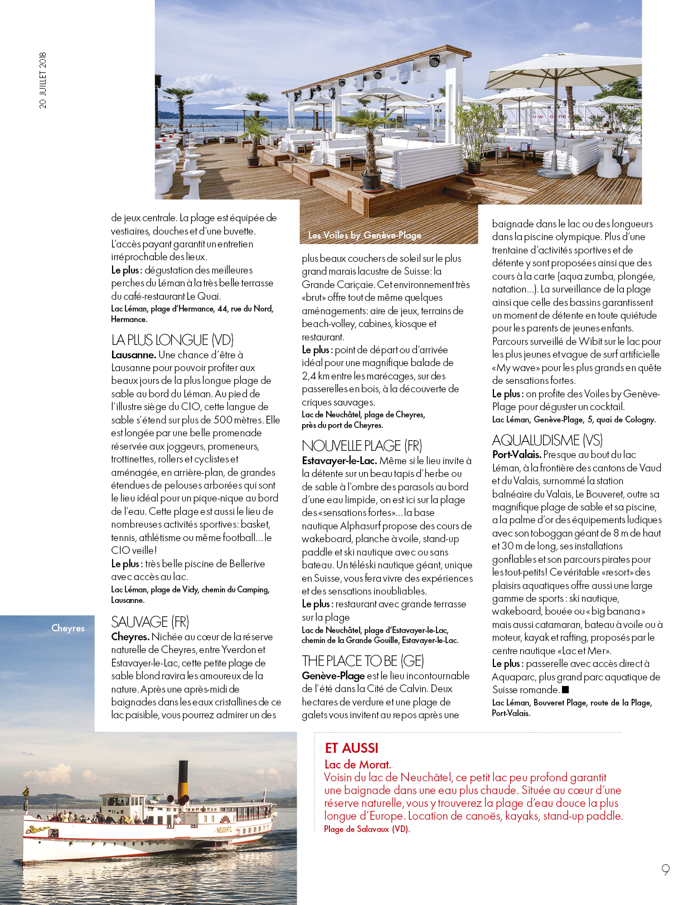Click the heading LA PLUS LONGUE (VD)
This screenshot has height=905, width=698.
pyautogui.click(x=172, y=340)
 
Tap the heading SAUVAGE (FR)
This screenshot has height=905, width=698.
pyautogui.click(x=150, y=622)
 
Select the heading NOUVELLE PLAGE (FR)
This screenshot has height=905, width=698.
pyautogui.click(x=362, y=446)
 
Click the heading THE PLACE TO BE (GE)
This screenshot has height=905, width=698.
pyautogui.click(x=363, y=661)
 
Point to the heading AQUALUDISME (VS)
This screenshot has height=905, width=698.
pyautogui.click(x=547, y=440)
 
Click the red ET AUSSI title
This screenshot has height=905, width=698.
pyautogui.click(x=351, y=748)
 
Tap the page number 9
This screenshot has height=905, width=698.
pyautogui.click(x=665, y=869)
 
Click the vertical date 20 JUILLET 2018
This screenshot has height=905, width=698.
pyautogui.click(x=43, y=81)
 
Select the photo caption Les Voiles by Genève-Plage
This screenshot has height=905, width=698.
pyautogui.click(x=365, y=235)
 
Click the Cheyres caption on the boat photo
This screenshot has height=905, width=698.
pyautogui.click(x=68, y=628)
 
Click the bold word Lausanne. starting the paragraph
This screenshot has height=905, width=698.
pyautogui.click(x=133, y=355)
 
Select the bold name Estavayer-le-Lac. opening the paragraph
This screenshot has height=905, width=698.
pyautogui.click(x=339, y=461)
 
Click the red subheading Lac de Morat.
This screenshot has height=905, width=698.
pyautogui.click(x=358, y=765)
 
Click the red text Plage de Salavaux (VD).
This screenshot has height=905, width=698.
pyautogui.click(x=367, y=829)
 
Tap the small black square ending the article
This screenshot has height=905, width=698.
pyautogui.click(x=565, y=690)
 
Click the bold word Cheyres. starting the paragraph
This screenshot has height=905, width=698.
pyautogui.click(x=130, y=637)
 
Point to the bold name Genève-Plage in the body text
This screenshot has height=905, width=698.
pyautogui.click(x=333, y=676)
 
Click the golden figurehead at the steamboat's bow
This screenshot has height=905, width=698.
pyautogui.click(x=26, y=795)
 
